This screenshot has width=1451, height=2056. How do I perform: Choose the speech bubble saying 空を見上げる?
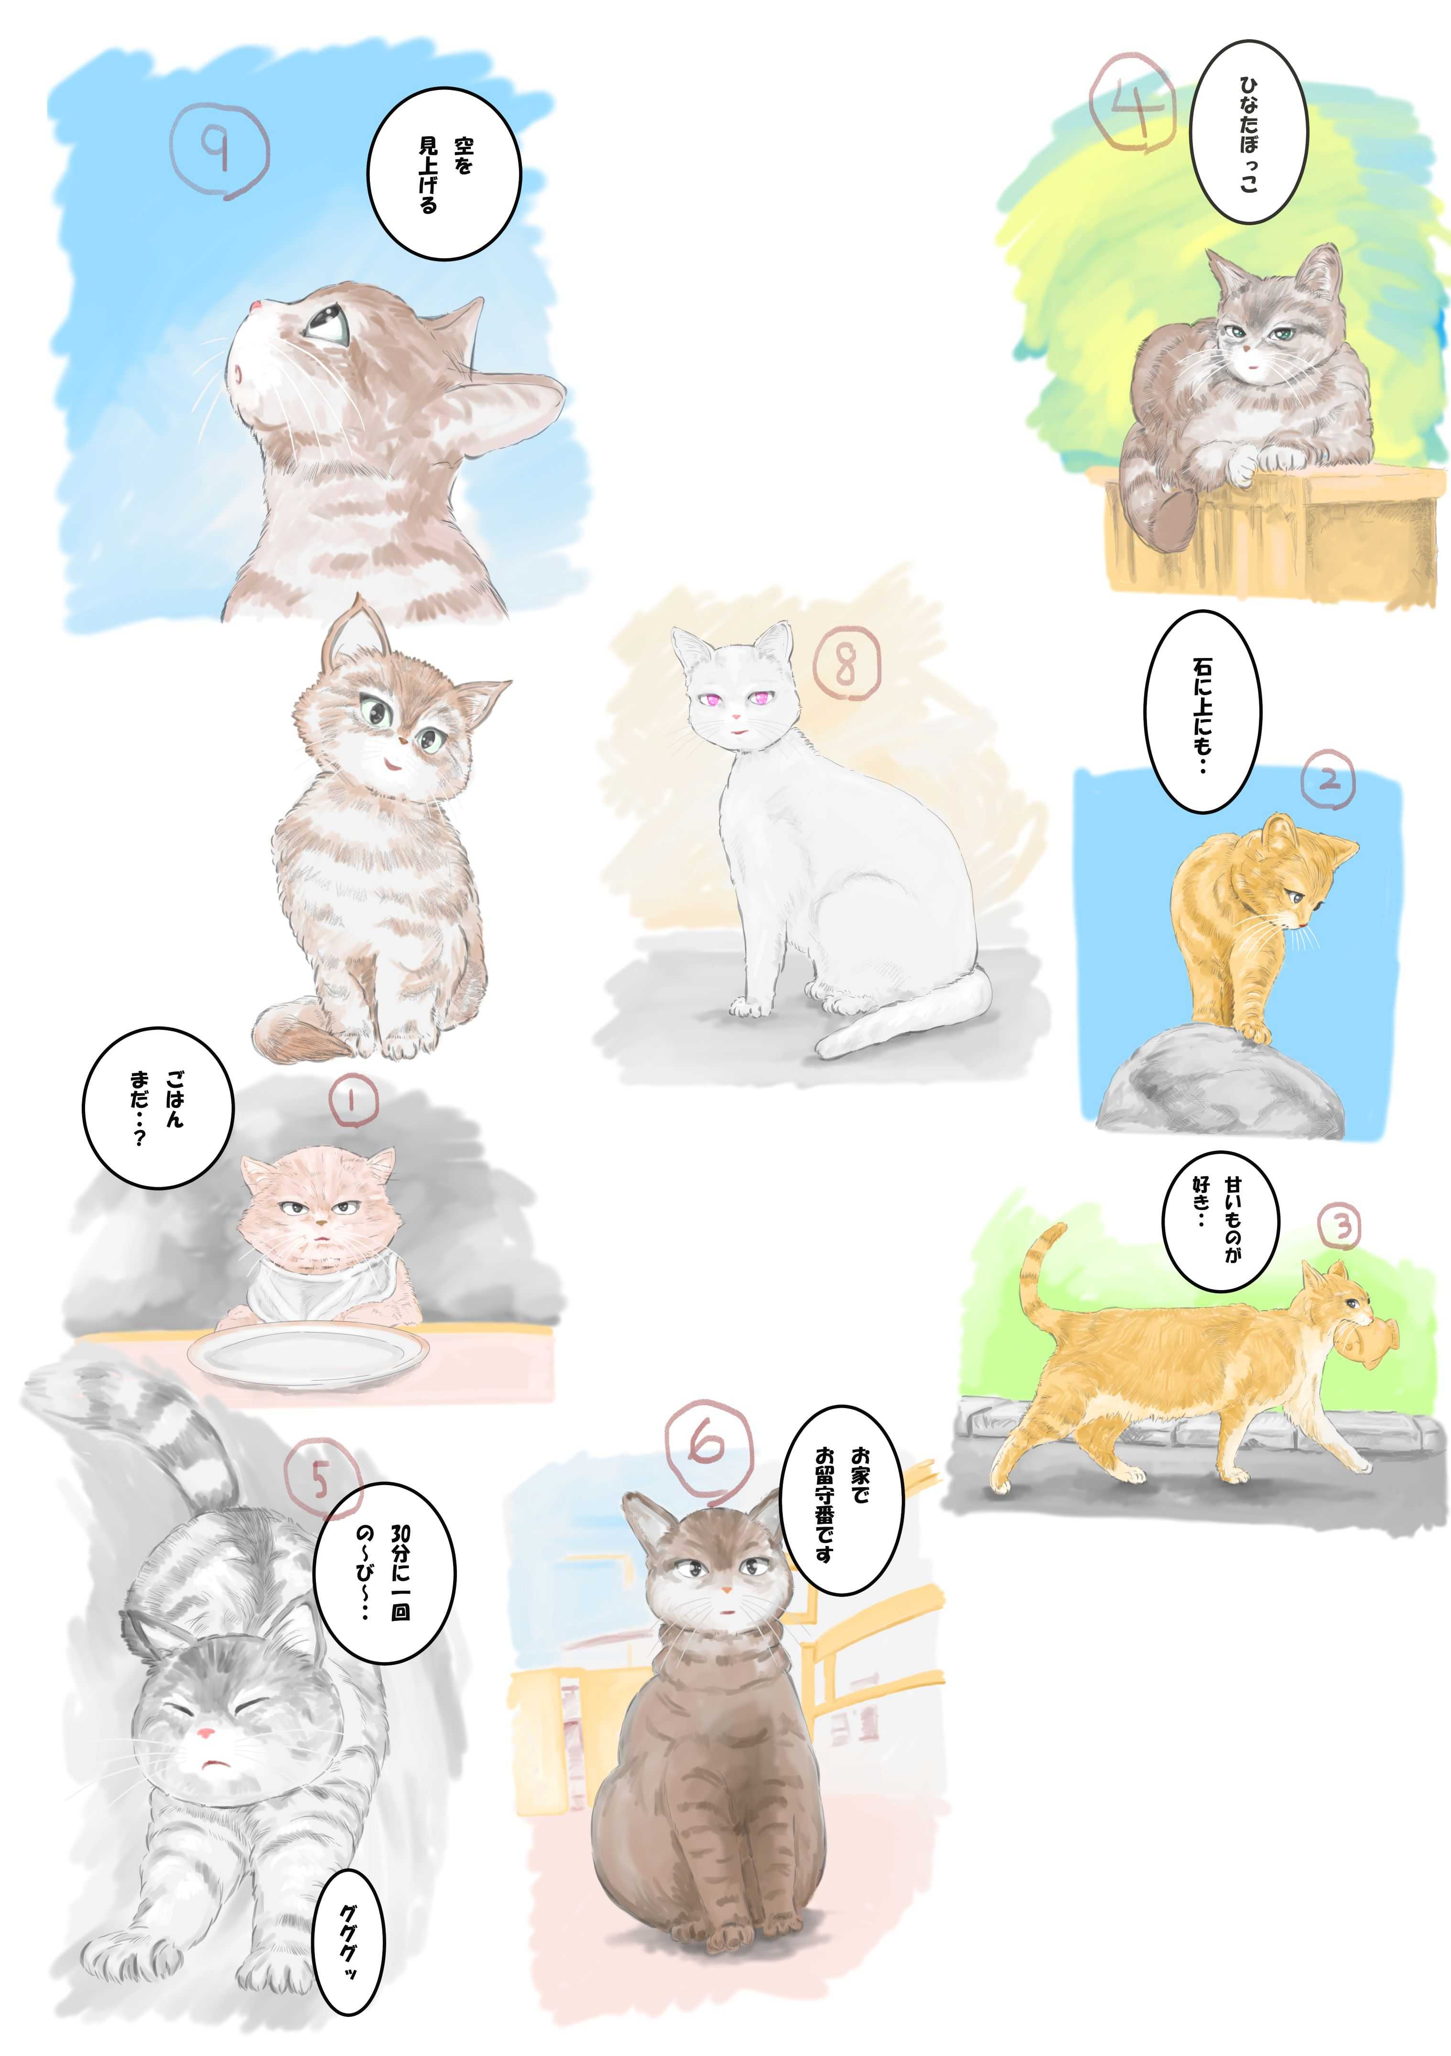coord(444,174)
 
